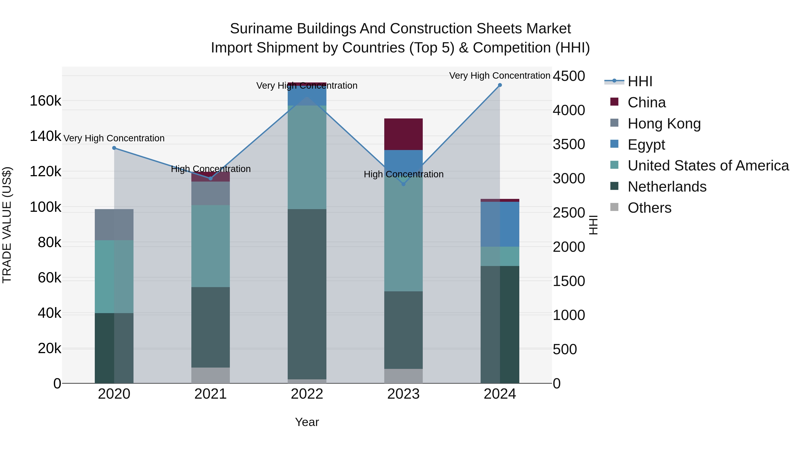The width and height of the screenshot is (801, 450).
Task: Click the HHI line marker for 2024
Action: click(500, 85)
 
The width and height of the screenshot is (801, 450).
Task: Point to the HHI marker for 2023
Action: click(403, 184)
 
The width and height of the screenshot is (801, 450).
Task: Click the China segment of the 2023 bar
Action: click(403, 134)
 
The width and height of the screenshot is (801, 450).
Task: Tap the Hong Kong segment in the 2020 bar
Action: click(114, 224)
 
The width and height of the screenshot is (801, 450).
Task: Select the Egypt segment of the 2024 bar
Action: click(500, 224)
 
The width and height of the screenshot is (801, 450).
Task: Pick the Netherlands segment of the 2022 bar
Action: click(307, 294)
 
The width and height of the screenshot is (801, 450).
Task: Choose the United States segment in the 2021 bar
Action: click(210, 246)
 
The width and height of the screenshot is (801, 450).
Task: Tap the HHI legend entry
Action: click(640, 81)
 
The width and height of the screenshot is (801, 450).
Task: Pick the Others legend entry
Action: click(649, 208)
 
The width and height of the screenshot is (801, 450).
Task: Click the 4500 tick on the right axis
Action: click(569, 76)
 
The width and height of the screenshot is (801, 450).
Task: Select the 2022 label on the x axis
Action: click(307, 394)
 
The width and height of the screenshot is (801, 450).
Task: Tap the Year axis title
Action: click(307, 422)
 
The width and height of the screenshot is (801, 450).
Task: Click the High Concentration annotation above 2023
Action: click(403, 174)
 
